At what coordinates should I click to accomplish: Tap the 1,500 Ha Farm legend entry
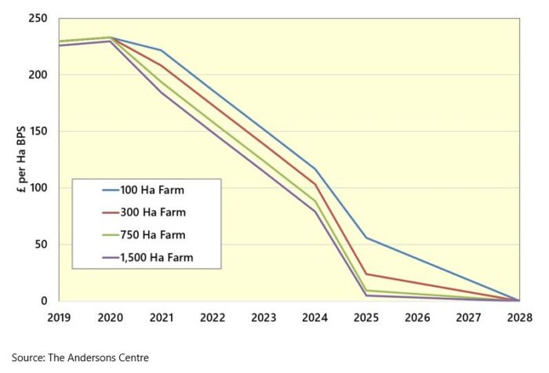[154, 256]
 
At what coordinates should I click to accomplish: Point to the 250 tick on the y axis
[38, 19]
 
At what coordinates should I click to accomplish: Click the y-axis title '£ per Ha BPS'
[13, 160]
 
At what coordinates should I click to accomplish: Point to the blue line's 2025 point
[365, 238]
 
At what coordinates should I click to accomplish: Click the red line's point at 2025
[365, 274]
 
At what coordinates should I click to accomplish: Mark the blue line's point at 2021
[161, 51]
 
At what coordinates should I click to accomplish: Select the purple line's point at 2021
[161, 92]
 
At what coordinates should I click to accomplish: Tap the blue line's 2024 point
[314, 168]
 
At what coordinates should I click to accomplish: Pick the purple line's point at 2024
[314, 212]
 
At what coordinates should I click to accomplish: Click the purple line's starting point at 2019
[60, 45]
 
